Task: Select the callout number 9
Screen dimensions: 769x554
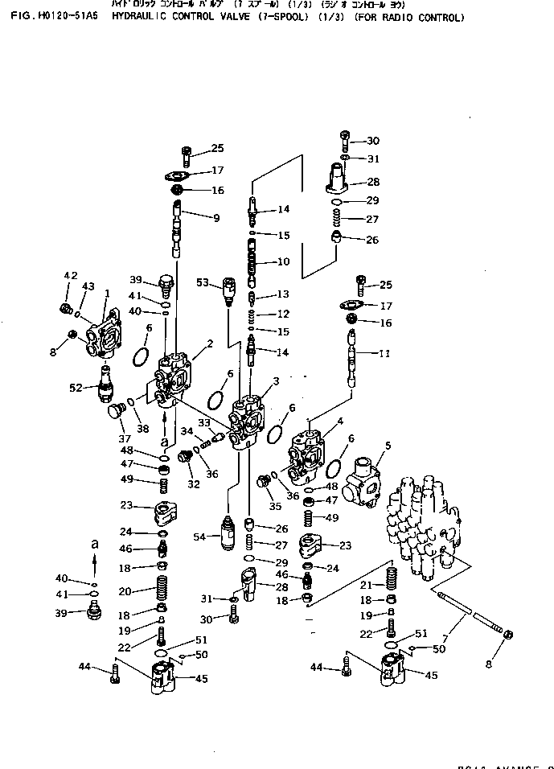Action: (x=215, y=217)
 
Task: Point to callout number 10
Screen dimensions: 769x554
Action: (x=283, y=262)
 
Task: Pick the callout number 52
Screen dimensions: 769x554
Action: (x=76, y=387)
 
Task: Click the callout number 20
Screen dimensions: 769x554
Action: (x=125, y=591)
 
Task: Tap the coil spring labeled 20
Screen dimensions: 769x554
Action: (x=161, y=592)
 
